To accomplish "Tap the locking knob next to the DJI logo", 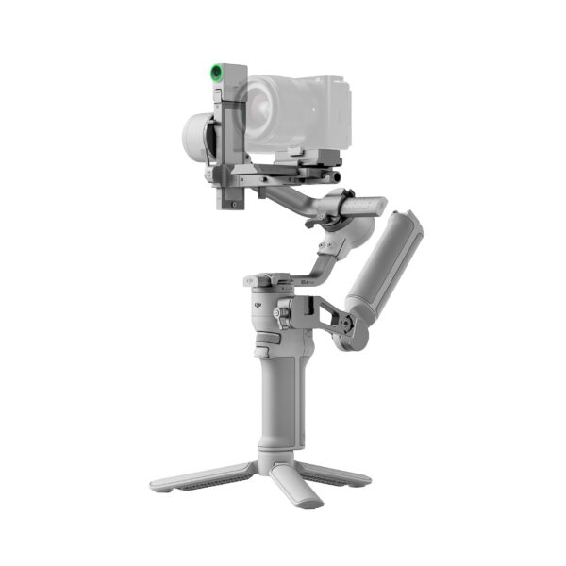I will point(280,312).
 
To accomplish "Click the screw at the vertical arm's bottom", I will point(229,200).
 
